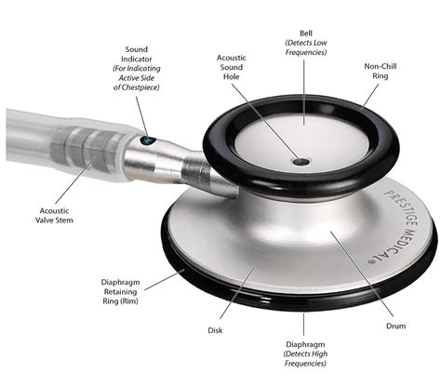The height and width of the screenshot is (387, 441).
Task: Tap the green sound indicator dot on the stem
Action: pos(147,140)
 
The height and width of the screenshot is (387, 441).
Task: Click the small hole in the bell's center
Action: pos(299,161)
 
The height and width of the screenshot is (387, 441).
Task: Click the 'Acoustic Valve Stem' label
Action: pos(56,217)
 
